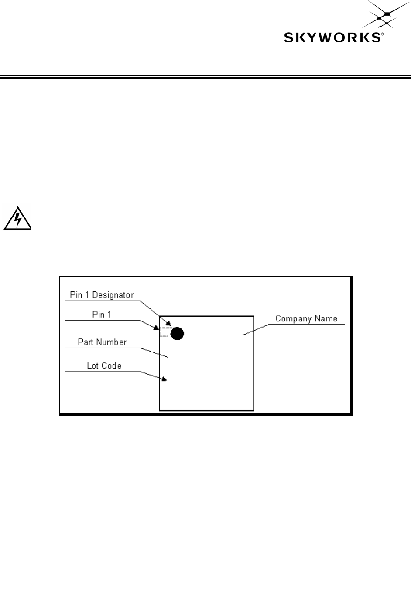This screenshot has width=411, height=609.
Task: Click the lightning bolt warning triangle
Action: click(x=17, y=219)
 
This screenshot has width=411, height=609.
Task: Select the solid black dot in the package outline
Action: click(x=177, y=334)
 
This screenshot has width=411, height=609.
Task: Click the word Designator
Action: click(x=113, y=295)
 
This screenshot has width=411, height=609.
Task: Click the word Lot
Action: click(x=92, y=365)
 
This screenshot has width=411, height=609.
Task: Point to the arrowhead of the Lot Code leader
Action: click(x=164, y=379)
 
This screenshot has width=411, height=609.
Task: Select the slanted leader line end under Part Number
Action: click(x=166, y=356)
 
